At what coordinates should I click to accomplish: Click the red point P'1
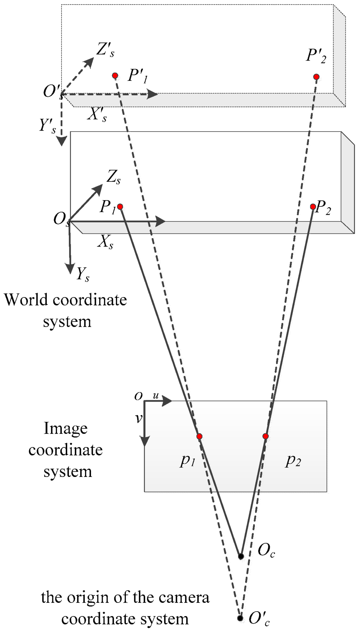coord(115,76)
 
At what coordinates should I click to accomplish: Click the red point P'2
coord(316,77)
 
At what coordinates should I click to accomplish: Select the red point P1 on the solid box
coord(120,207)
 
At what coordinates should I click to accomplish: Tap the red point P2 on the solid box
coord(313,207)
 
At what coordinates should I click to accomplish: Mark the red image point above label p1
coord(199,436)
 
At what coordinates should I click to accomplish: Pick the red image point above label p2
coord(265,436)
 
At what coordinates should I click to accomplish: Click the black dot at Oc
coord(241,556)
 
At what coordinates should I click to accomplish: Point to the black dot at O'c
coord(240,618)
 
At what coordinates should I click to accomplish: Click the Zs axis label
coord(114,177)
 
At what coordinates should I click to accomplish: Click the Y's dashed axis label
coord(48,126)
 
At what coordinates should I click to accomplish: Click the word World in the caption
coord(26,300)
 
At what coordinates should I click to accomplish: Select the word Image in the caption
coord(65,429)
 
